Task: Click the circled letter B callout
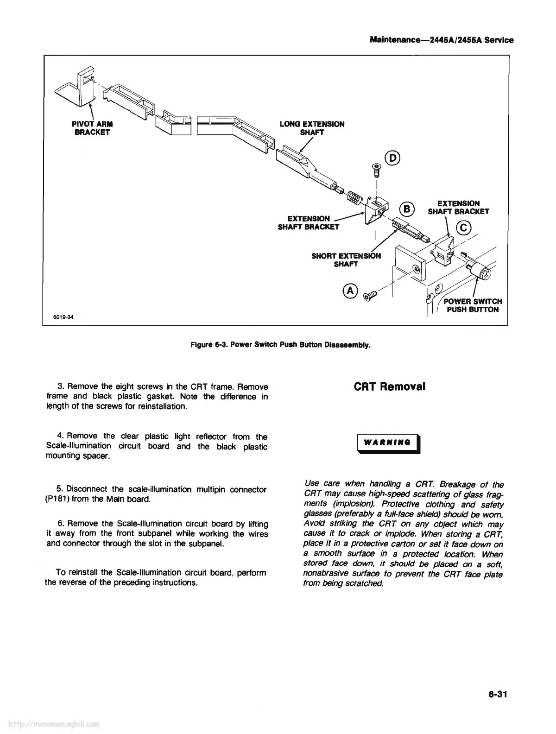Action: [x=406, y=209]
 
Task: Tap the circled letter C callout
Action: [x=463, y=228]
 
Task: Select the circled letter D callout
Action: [x=393, y=158]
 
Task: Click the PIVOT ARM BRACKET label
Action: [x=92, y=128]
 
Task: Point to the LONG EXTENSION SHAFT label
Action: [x=312, y=128]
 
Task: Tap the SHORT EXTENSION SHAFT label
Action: [x=346, y=260]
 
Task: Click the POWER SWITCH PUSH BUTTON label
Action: [x=473, y=305]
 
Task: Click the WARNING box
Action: [x=387, y=442]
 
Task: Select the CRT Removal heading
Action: [x=389, y=386]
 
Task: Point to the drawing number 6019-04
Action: [x=63, y=317]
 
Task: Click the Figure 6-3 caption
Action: [x=280, y=345]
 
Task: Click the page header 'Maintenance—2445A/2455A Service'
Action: [x=442, y=40]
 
